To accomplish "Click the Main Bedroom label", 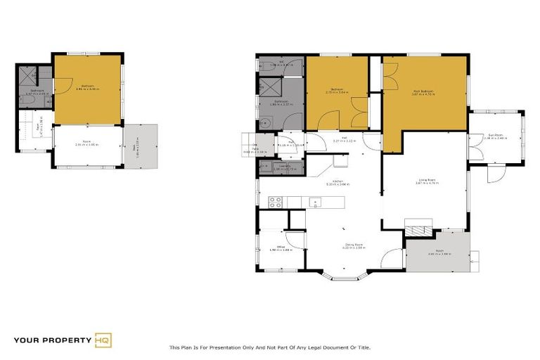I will (424, 92).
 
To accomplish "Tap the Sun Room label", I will (496, 136).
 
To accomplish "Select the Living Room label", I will (425, 181).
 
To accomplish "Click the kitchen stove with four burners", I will (276, 202).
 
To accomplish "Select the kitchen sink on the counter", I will (315, 202).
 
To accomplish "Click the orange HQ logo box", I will (103, 340).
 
